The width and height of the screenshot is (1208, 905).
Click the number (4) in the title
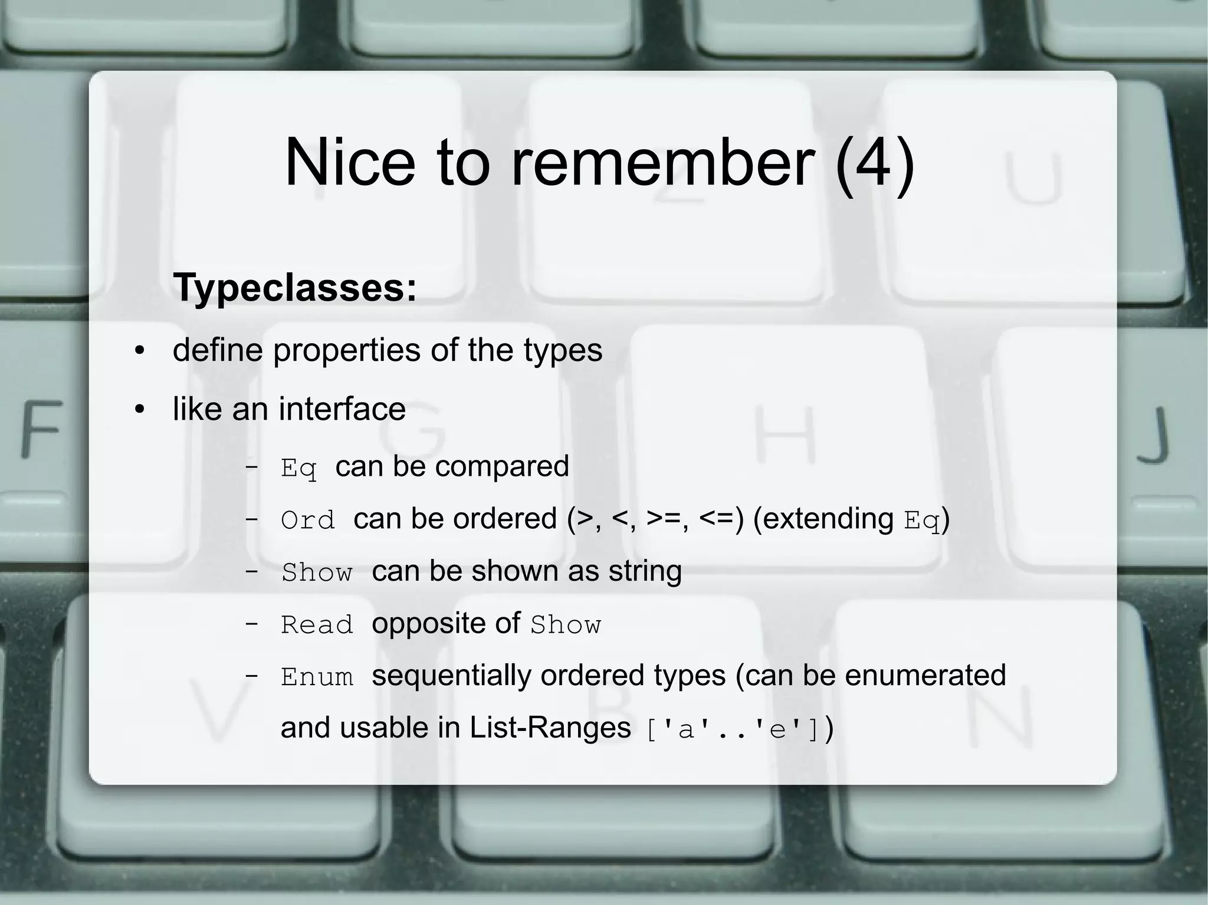coord(875,162)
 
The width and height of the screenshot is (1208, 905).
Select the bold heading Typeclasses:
coord(295,288)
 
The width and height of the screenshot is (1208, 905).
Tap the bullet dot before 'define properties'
coord(139,351)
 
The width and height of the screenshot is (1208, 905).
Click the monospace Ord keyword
coord(307,521)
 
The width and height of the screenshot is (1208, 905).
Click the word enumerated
coord(925,676)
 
